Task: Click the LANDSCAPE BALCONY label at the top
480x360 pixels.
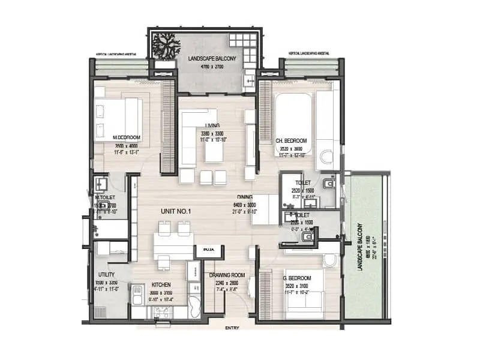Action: (x=212, y=58)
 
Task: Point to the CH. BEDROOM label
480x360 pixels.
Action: (x=291, y=141)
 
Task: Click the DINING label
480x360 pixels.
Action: (x=244, y=197)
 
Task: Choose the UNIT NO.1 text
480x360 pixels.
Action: (x=175, y=211)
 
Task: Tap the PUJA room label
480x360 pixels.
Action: (x=209, y=248)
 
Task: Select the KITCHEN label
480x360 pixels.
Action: (x=161, y=284)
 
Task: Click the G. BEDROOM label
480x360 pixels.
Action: (x=296, y=278)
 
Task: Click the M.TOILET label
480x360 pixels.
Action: (x=105, y=197)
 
